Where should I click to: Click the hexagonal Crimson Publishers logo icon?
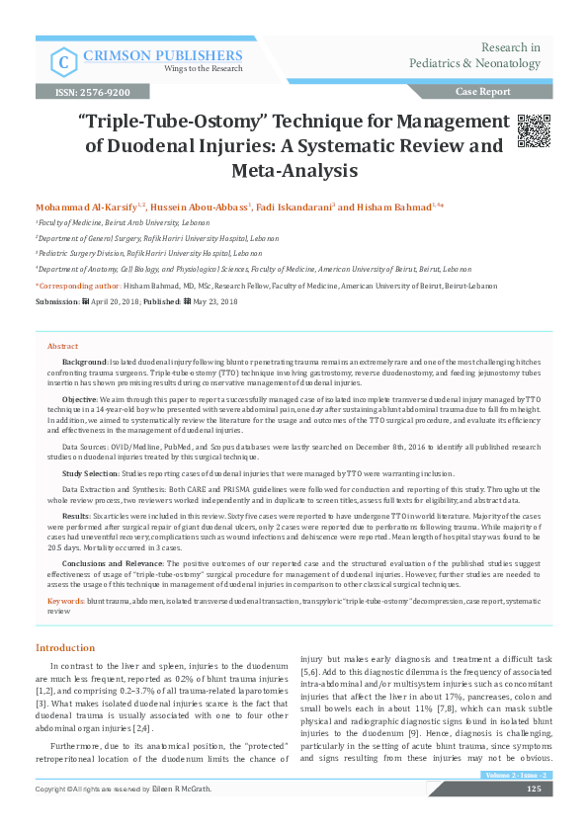(63, 61)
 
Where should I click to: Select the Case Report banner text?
(482, 92)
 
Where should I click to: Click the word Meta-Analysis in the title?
(294, 170)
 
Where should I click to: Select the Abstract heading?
(62, 347)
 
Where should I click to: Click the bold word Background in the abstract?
(85, 365)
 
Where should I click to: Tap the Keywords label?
(65, 600)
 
